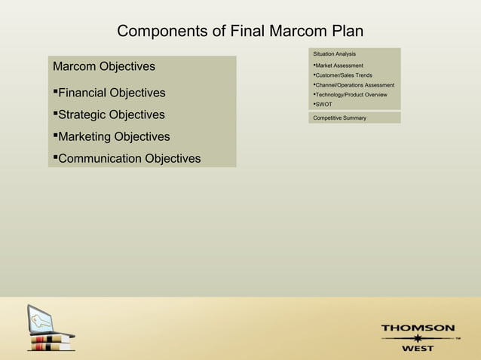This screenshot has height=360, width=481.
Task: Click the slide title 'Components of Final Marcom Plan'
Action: [x=240, y=32]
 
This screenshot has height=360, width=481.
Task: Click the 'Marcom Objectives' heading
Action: [x=104, y=67]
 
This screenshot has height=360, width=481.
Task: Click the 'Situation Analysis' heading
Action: [x=334, y=54]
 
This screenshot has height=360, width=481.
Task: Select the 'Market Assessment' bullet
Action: [x=339, y=66]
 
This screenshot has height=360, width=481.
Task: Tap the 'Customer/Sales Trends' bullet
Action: [x=343, y=75]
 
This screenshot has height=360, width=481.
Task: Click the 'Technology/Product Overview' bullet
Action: [x=351, y=95]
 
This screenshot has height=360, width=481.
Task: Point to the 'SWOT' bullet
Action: [x=323, y=105]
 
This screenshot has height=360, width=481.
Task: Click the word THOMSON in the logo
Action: [x=417, y=328]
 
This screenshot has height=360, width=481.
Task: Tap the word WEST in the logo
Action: [x=417, y=349]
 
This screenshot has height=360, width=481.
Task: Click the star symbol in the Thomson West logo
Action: [x=417, y=339]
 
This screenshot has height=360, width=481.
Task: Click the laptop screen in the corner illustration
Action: [x=41, y=319]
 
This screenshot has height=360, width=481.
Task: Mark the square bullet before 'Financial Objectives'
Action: [x=55, y=92]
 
